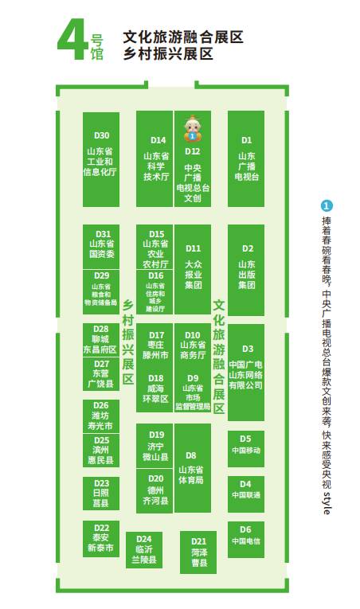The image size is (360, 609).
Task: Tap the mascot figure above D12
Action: coord(192,128)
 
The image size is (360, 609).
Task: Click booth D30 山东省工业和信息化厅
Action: coord(101,160)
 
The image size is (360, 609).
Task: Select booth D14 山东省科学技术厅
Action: coord(155,159)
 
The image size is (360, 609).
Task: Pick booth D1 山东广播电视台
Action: coord(246,159)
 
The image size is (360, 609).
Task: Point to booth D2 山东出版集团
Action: coord(246,270)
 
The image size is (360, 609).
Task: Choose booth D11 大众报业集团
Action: coord(193,270)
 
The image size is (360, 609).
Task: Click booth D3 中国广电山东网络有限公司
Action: coord(246,373)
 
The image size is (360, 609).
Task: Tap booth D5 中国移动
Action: coord(246,449)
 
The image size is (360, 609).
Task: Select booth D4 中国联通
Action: coord(246,494)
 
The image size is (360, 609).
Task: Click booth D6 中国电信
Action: coord(246,540)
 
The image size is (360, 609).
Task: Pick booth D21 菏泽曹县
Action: coord(198,552)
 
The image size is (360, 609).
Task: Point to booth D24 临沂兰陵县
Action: coord(144,550)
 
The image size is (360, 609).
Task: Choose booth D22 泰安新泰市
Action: coord(101,539)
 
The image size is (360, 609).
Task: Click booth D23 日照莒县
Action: coord(101,494)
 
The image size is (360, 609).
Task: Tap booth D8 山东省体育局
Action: coord(193,468)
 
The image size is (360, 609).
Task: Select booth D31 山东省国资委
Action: coord(101,247)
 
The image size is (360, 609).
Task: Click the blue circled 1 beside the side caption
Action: coord(327,205)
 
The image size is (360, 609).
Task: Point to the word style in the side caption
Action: coord(327,503)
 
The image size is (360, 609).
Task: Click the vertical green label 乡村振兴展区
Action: coord(128,342)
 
